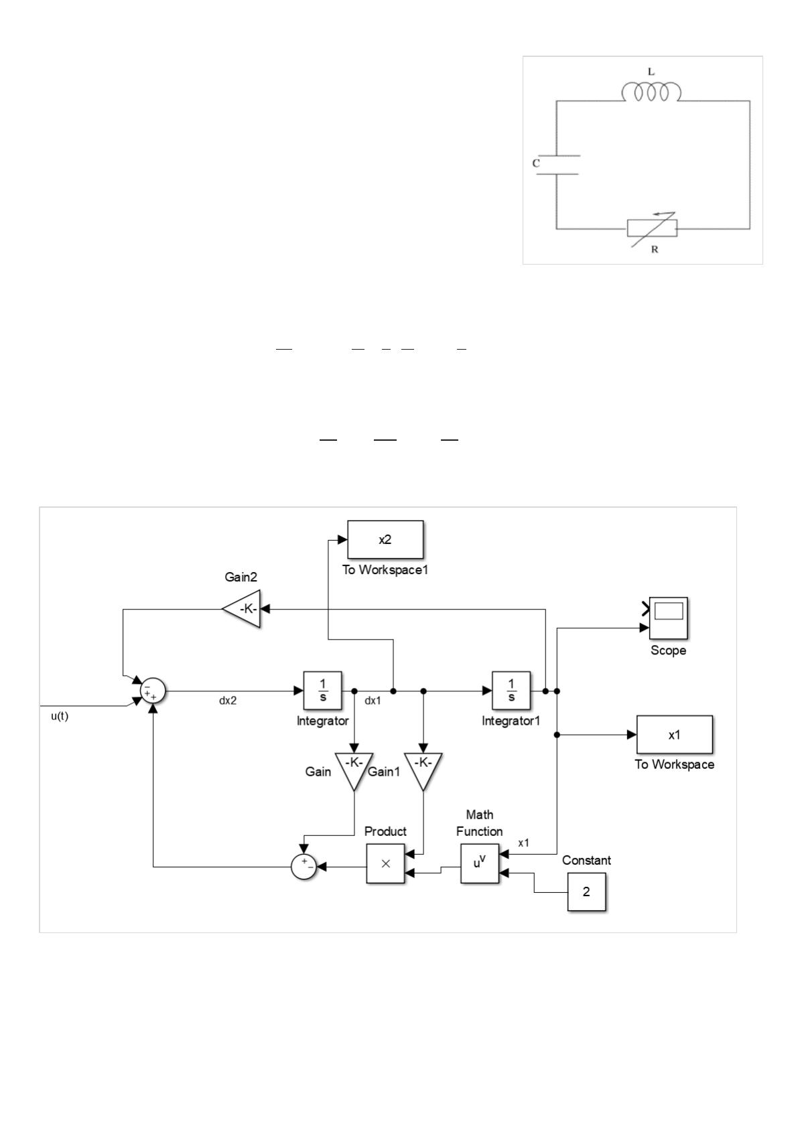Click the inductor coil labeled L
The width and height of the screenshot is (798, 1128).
point(651,92)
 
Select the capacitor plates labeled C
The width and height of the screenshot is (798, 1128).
point(557,165)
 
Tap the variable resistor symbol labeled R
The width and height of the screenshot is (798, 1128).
point(652,228)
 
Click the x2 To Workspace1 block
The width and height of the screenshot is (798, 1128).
point(385,539)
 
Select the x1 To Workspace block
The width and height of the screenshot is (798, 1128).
point(674,734)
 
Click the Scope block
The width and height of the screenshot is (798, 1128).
point(668,618)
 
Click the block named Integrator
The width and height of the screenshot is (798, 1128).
point(322,691)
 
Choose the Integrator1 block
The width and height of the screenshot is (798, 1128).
point(511,691)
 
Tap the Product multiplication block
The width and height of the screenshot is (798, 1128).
point(385,864)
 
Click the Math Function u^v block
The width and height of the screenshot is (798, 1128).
point(479,863)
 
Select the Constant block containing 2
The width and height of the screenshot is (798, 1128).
point(586,892)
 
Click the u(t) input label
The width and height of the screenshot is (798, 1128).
point(60,716)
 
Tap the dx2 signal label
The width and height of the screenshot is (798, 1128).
point(228,701)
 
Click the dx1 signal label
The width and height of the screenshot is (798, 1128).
point(373,701)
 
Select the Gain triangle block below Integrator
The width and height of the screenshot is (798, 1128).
point(354,769)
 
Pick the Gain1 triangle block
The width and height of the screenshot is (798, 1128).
point(423,769)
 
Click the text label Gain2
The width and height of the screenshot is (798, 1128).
point(241,577)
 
